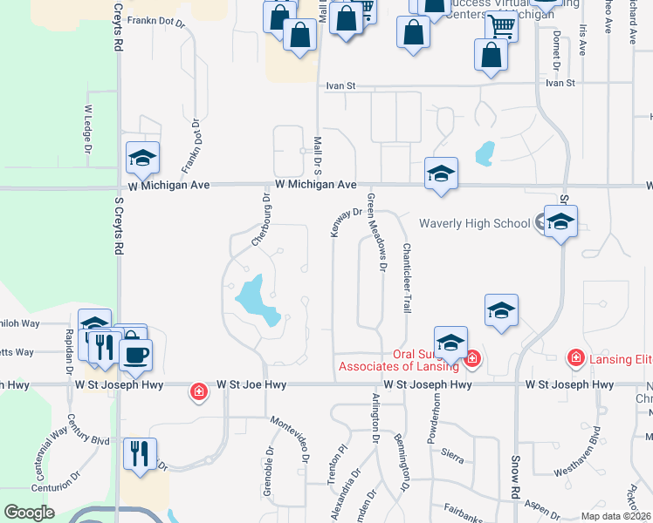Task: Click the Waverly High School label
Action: (x=474, y=223)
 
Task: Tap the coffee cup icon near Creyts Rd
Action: (x=136, y=355)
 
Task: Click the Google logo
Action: (x=30, y=513)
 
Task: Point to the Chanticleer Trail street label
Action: (x=406, y=278)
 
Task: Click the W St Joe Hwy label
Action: (x=251, y=384)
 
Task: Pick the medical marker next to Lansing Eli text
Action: (x=575, y=357)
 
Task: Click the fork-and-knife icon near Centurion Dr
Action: (x=140, y=453)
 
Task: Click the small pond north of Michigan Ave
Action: (x=485, y=153)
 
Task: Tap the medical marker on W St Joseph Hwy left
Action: (x=199, y=392)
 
